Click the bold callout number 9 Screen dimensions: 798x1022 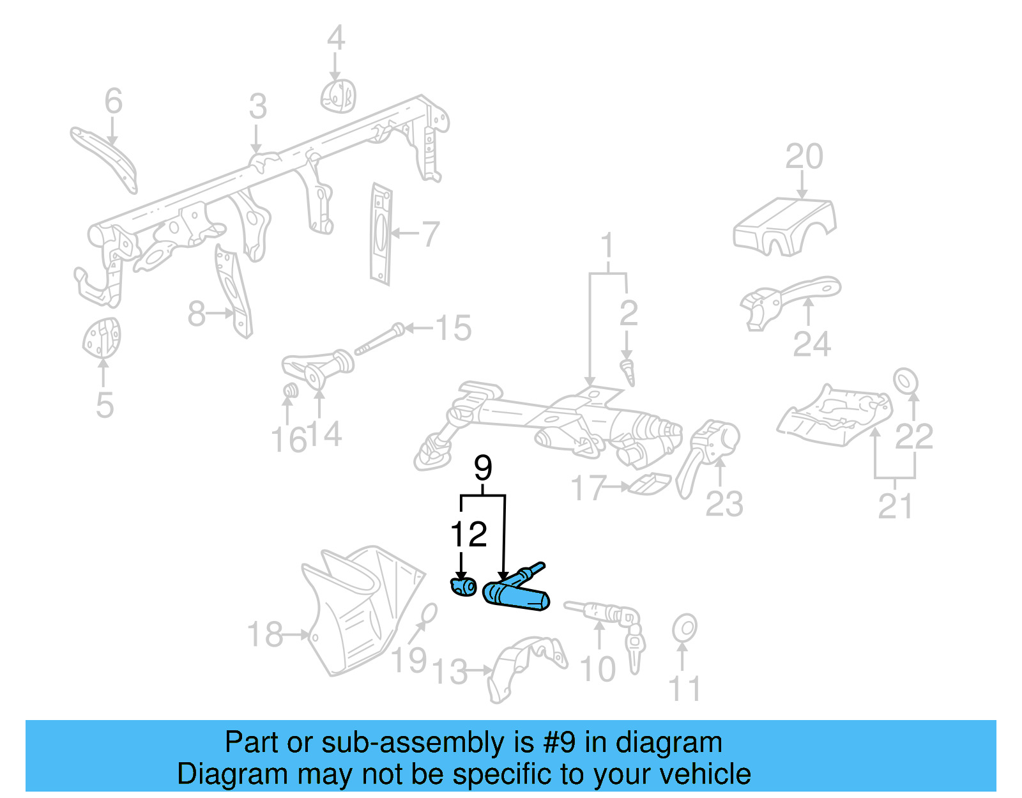point(483,468)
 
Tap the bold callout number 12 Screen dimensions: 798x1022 point(469,534)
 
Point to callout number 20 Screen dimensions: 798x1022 point(804,157)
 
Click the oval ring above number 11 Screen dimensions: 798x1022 point(684,628)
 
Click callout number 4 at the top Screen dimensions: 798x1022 point(335,38)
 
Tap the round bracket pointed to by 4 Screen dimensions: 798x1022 point(337,96)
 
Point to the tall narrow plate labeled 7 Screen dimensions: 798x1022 point(381,234)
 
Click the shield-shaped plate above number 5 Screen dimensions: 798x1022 point(102,338)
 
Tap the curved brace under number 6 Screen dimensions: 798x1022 point(105,157)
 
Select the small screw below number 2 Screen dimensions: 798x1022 point(629,372)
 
